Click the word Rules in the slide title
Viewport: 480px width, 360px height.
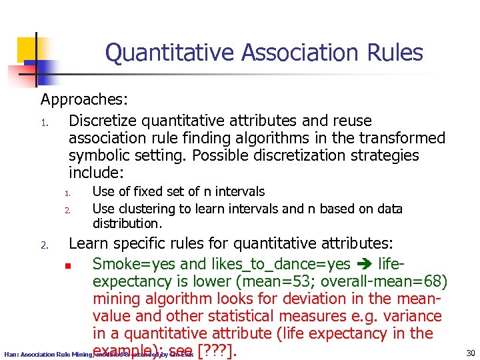click(x=393, y=53)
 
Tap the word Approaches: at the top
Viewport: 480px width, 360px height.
click(x=84, y=100)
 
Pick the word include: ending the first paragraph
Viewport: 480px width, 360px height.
click(x=97, y=173)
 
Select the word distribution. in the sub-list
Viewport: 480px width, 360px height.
click(x=127, y=223)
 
